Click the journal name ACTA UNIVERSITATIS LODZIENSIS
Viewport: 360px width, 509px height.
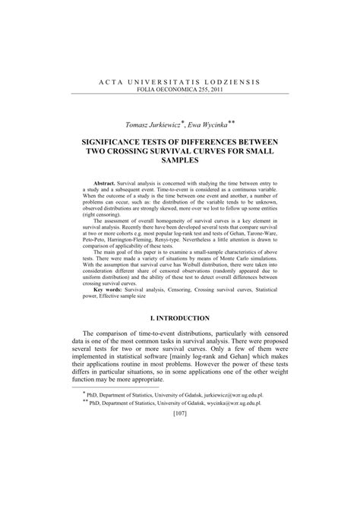180,81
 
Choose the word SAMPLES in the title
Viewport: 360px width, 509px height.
180,162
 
